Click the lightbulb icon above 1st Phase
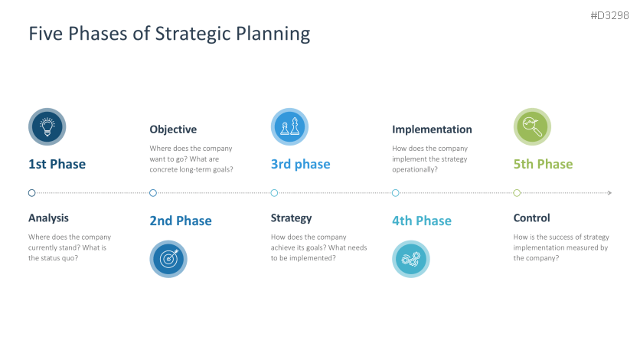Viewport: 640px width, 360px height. pos(47,126)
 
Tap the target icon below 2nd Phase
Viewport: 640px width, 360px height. pos(168,259)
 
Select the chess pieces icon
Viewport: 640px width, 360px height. pos(289,126)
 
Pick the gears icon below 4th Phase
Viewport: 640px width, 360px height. pos(410,259)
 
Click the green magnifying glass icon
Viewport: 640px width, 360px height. pos(532,126)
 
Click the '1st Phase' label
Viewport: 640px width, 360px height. pos(57,164)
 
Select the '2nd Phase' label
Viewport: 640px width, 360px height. pos(181,221)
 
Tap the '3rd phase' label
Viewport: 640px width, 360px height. pos(300,164)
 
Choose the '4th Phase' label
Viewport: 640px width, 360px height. pos(422,221)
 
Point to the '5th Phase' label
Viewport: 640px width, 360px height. pos(543,164)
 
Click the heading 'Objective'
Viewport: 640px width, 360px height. pos(173,129)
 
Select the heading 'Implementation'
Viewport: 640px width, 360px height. pos(432,129)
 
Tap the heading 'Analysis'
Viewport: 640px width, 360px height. pos(48,218)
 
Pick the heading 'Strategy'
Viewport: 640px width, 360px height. pos(291,218)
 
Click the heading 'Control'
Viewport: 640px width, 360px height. pos(531,218)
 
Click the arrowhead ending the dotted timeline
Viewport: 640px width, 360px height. pos(609,193)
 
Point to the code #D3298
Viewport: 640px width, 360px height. pos(609,15)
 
